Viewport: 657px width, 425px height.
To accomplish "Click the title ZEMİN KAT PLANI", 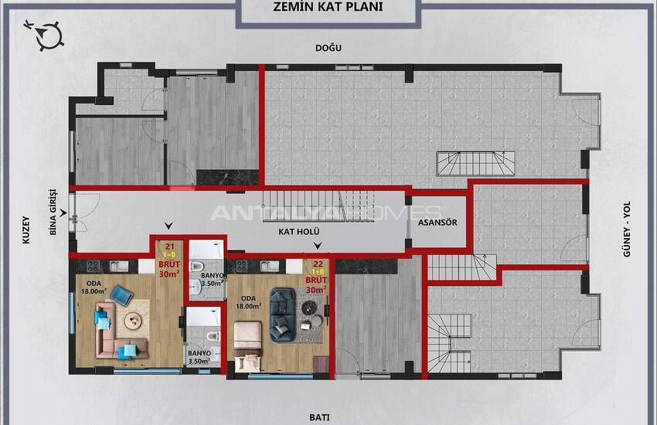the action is (x=328, y=7).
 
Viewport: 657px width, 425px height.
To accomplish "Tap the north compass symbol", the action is (x=47, y=36).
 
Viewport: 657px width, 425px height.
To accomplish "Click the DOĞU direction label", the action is (x=328, y=48).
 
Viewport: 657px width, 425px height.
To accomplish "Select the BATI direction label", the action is (x=319, y=417).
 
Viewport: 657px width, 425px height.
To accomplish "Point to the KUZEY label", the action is (x=26, y=229).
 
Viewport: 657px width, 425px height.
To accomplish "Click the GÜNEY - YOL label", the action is (x=627, y=229).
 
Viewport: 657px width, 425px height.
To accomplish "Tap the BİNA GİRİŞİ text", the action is (x=53, y=212).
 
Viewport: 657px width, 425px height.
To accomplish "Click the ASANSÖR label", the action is (x=437, y=223).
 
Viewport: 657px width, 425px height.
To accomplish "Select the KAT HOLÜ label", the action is (x=299, y=231).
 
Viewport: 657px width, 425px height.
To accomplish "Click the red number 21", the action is (x=170, y=247).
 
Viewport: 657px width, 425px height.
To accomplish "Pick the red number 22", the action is (x=318, y=263).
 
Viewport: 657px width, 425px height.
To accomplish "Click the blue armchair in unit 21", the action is (x=121, y=294).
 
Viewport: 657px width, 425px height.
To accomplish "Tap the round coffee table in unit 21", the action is (x=133, y=321).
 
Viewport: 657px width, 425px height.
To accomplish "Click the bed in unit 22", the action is (x=247, y=346).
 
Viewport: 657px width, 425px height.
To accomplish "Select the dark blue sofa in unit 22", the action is (x=283, y=314).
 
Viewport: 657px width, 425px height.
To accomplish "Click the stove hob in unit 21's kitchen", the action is (x=93, y=266).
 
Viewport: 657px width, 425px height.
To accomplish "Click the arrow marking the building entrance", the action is (x=63, y=213).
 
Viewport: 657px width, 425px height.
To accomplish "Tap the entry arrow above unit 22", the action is (x=318, y=246).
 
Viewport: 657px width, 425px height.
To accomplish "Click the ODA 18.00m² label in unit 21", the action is (x=94, y=287).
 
